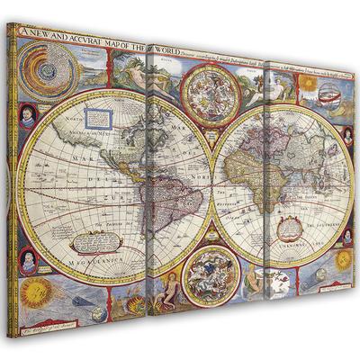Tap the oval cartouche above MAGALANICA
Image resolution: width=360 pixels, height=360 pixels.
[94, 238]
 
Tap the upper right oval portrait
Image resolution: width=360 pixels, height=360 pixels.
[346, 135]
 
